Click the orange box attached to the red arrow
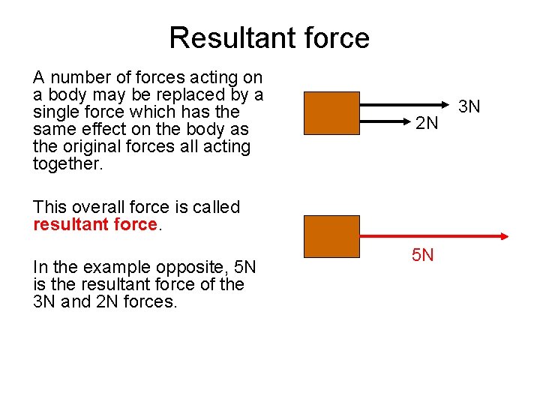331,236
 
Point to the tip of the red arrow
508,236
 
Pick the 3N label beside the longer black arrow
469,107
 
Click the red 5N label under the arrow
423,256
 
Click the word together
67,163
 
